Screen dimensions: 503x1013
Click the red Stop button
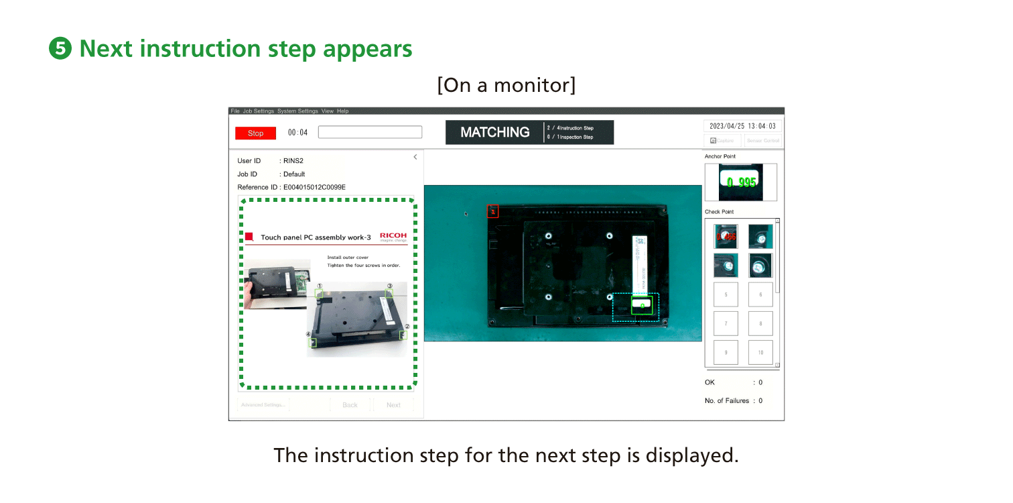tap(255, 133)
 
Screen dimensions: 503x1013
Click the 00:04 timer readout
tap(297, 133)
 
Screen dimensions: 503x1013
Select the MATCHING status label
tap(494, 132)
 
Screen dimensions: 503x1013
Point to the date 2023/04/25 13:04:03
tap(742, 126)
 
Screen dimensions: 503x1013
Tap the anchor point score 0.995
tap(741, 182)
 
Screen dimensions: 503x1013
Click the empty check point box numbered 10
tap(760, 352)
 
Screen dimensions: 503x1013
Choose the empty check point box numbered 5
tap(726, 294)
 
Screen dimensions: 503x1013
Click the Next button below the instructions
tap(393, 405)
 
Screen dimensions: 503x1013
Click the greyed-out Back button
tap(350, 405)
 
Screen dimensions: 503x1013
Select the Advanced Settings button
tap(263, 405)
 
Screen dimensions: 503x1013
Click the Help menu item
tap(343, 111)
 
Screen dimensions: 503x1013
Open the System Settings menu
tap(297, 111)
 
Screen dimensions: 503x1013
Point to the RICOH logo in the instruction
tap(393, 237)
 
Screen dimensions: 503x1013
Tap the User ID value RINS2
tap(291, 161)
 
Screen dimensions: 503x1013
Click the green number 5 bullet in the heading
tap(61, 49)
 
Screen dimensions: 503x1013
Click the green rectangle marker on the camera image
tap(642, 306)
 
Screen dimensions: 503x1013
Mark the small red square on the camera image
tap(492, 212)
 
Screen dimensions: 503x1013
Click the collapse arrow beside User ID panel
tap(415, 157)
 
